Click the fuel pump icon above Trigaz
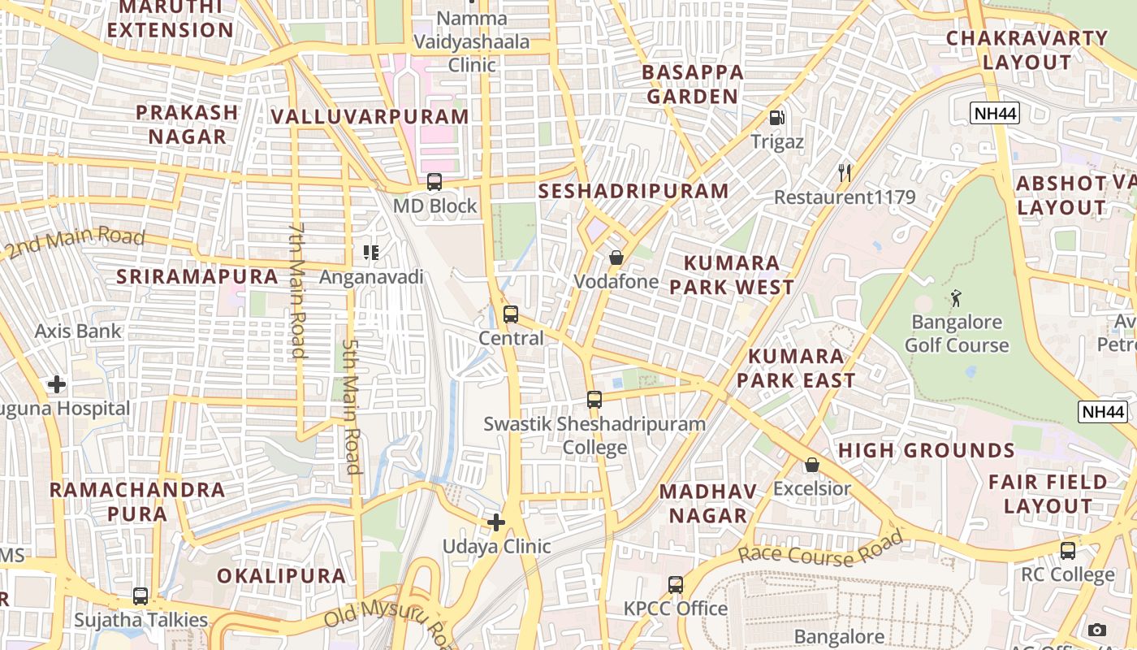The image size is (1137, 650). pyautogui.click(x=777, y=118)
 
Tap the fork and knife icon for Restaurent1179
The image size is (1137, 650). pyautogui.click(x=845, y=172)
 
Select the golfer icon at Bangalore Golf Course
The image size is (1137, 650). pyautogui.click(x=956, y=297)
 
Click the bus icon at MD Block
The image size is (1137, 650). pyautogui.click(x=434, y=182)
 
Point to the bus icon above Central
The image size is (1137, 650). pyautogui.click(x=511, y=314)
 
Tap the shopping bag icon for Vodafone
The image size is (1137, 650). pyautogui.click(x=616, y=258)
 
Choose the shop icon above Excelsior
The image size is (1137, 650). pyautogui.click(x=811, y=465)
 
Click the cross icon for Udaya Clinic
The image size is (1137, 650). pyautogui.click(x=496, y=522)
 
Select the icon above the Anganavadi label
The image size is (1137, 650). pyautogui.click(x=371, y=253)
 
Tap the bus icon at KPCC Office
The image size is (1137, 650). pyautogui.click(x=675, y=584)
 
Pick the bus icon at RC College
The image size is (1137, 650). pyautogui.click(x=1068, y=550)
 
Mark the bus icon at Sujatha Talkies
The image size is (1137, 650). pyautogui.click(x=141, y=596)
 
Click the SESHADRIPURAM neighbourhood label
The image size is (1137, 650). pyautogui.click(x=633, y=191)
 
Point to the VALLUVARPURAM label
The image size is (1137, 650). pyautogui.click(x=370, y=116)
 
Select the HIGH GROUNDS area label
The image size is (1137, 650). pyautogui.click(x=926, y=450)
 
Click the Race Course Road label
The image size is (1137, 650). pyautogui.click(x=820, y=549)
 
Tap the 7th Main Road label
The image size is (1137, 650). pyautogui.click(x=297, y=290)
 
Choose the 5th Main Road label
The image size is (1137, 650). pyautogui.click(x=351, y=406)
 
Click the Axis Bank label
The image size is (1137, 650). pyautogui.click(x=78, y=331)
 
